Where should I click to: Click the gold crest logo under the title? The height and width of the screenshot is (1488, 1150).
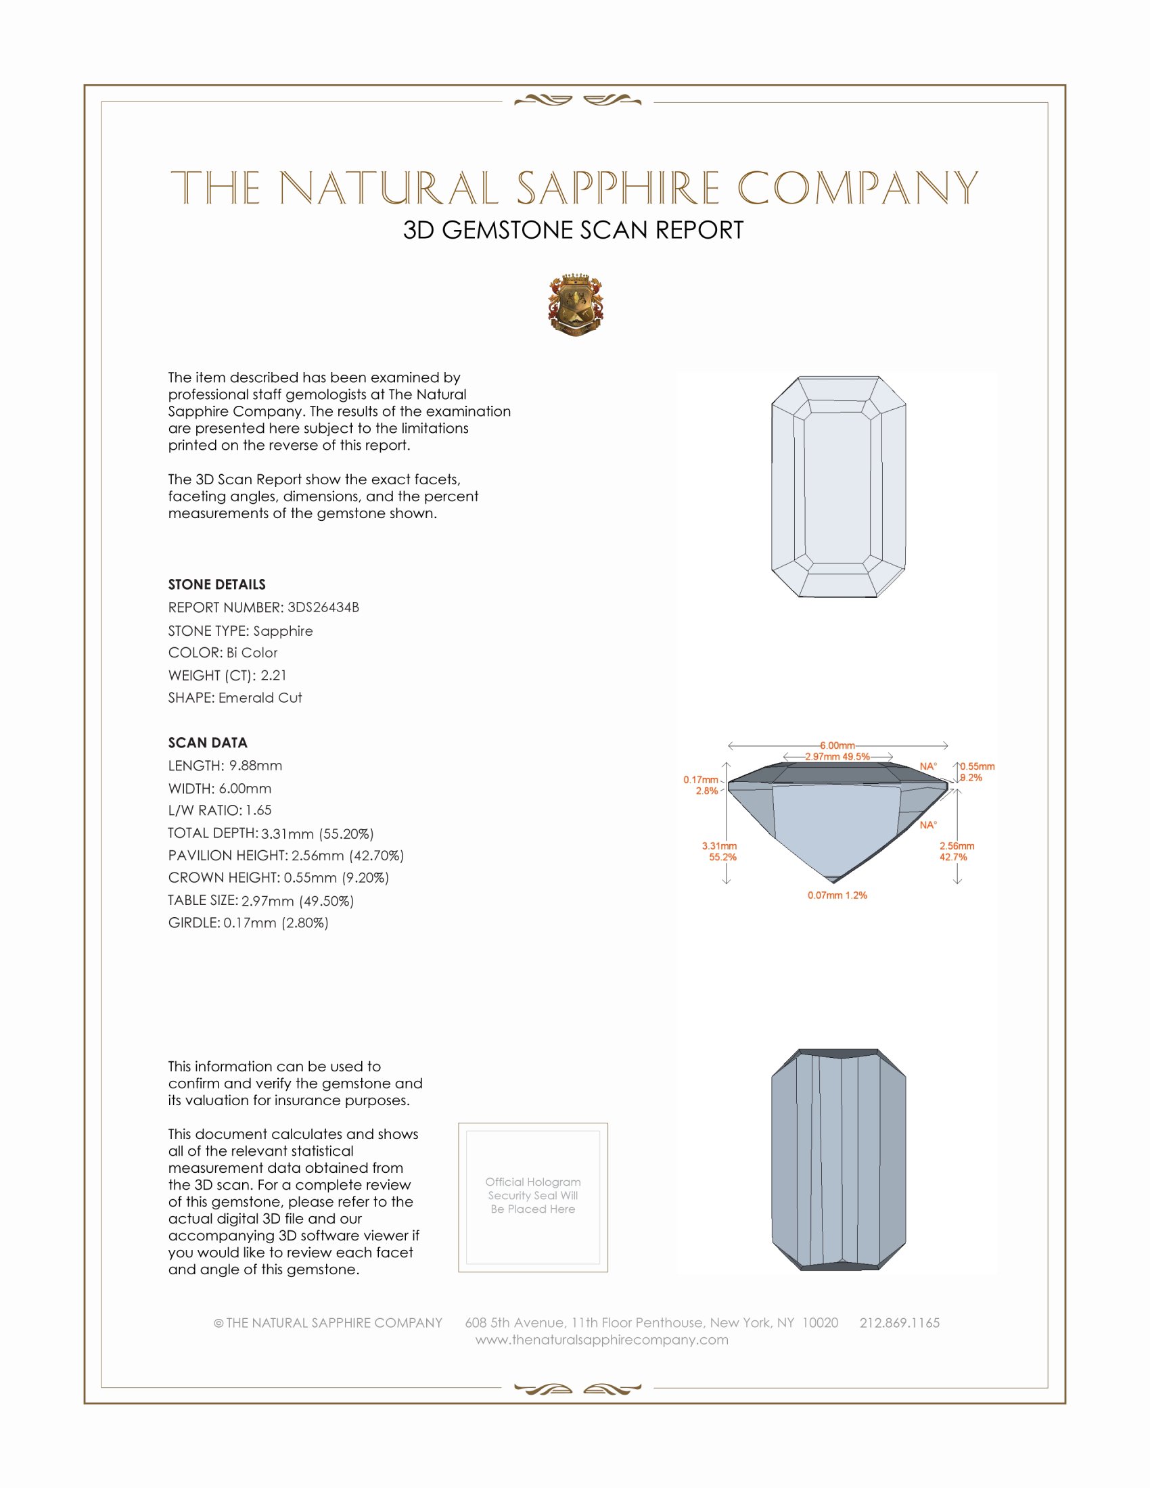(576, 305)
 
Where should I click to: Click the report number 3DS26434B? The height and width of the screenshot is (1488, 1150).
(323, 607)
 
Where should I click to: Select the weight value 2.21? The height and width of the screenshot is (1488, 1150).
(273, 675)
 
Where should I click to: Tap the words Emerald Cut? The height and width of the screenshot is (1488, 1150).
(260, 698)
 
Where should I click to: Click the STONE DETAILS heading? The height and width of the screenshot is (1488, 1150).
(216, 584)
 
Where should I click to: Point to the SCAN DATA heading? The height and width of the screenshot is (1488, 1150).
(208, 743)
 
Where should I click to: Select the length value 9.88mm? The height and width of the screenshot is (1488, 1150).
(256, 766)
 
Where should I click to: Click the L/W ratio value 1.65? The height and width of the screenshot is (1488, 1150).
(259, 810)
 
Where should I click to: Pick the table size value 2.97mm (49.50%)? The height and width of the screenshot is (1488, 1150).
(298, 901)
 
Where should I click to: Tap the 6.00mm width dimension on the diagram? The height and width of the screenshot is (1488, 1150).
(837, 745)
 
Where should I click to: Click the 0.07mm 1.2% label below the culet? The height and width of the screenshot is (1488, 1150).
(837, 896)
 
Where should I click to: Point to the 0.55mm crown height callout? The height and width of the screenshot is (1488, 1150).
(977, 766)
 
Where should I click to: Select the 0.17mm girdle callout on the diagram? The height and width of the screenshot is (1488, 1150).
(701, 780)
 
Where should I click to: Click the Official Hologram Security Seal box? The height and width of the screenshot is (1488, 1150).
(533, 1197)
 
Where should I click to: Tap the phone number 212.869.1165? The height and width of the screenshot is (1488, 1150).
(899, 1322)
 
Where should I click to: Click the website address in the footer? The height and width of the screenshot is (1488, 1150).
(601, 1339)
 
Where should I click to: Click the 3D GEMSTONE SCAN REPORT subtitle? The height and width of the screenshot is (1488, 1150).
(573, 230)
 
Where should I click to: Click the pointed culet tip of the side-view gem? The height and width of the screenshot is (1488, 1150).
(835, 881)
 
